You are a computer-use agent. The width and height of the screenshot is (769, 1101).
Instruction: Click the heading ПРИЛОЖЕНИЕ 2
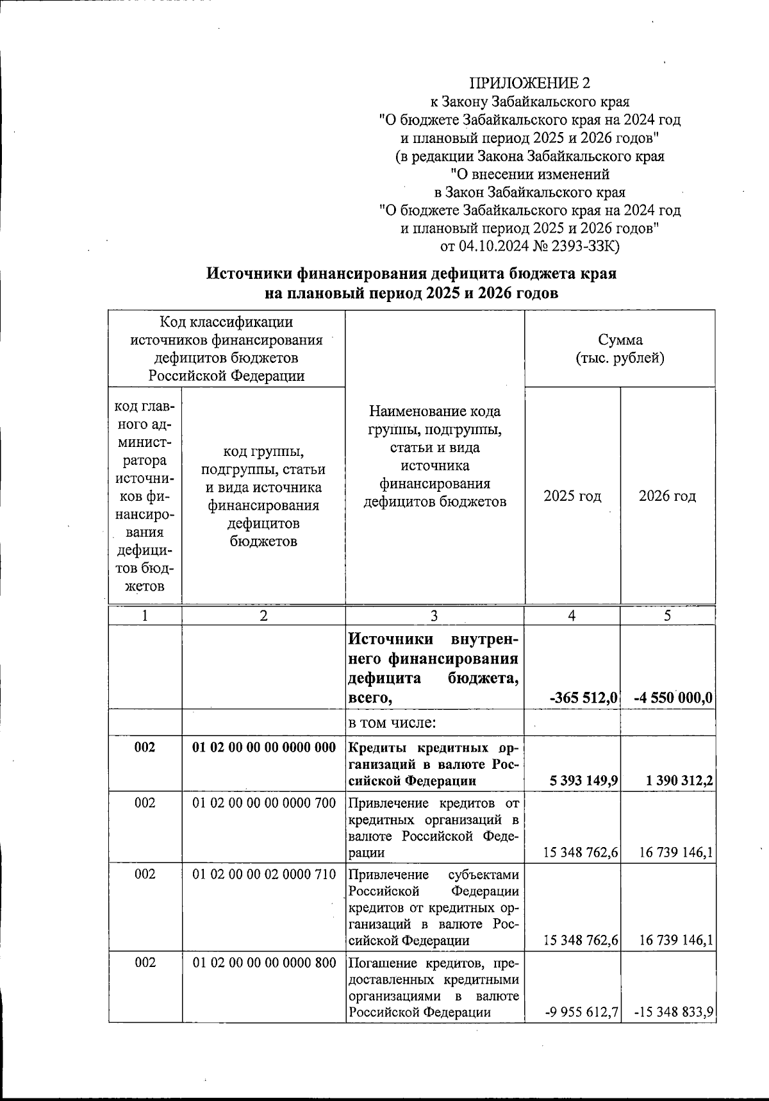tap(529, 83)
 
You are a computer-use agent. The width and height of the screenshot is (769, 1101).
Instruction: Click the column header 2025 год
tap(572, 496)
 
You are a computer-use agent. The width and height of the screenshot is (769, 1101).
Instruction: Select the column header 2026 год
tap(667, 496)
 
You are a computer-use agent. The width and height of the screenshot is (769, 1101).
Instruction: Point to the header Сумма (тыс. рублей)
tap(620, 349)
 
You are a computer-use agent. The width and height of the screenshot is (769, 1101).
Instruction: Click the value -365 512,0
tap(584, 698)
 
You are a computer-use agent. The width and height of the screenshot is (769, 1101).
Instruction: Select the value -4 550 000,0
tap(673, 698)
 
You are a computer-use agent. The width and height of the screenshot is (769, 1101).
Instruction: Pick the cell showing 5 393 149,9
tap(583, 781)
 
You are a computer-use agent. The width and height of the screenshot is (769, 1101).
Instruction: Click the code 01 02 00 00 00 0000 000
tap(264, 748)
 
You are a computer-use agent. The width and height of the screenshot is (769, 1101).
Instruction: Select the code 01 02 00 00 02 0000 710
tap(264, 874)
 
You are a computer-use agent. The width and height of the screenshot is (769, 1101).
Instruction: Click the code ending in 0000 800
tap(264, 962)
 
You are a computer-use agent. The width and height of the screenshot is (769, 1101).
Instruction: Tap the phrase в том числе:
tap(392, 723)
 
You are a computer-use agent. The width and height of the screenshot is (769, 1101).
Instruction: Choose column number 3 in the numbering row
tap(434, 616)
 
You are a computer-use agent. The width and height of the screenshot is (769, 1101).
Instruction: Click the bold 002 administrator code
tap(145, 748)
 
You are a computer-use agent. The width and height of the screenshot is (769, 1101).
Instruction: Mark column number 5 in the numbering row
tap(667, 616)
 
